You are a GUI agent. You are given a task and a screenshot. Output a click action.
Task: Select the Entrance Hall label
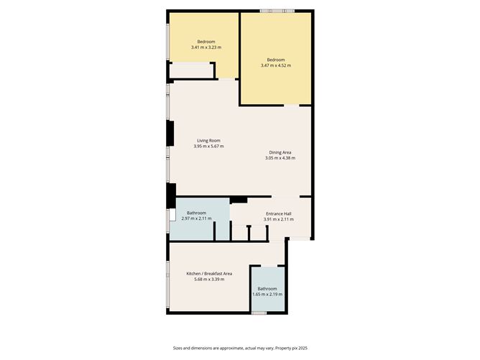(x=279, y=213)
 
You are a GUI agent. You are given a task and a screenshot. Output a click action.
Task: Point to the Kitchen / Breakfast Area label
(x=209, y=274)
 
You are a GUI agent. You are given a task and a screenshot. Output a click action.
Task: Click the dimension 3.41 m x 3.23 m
(x=206, y=47)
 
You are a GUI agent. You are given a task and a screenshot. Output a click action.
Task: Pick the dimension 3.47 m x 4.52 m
(x=276, y=65)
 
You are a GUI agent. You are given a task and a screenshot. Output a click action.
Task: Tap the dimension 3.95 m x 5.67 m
(x=208, y=147)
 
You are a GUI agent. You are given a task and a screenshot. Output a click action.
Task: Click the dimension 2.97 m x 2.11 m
(x=197, y=219)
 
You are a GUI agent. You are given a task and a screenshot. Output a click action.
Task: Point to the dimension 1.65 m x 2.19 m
(x=267, y=294)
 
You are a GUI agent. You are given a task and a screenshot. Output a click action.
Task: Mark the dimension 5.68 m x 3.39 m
(x=209, y=280)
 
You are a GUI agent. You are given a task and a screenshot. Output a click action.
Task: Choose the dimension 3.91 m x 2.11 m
(x=279, y=219)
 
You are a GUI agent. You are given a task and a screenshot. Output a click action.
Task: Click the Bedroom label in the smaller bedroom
(x=206, y=42)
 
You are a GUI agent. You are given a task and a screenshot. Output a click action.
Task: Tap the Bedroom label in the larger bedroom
(x=276, y=60)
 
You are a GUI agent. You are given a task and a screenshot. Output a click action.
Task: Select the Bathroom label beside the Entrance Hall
(x=197, y=213)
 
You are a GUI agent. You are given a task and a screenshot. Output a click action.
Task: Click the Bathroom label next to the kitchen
(x=267, y=288)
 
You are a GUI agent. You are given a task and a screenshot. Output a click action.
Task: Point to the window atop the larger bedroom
(x=277, y=11)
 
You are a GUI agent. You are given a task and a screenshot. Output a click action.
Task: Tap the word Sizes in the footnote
(x=178, y=348)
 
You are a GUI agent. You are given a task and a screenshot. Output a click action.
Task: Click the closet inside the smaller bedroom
(x=192, y=70)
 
